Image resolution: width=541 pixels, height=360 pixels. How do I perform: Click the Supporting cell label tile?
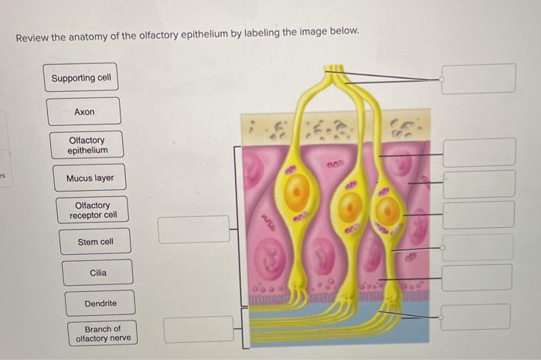81,78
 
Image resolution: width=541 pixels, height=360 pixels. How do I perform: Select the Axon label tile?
84,112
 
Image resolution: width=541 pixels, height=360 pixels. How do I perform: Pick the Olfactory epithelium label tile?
87,145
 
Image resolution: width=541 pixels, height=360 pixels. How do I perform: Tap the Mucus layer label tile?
90,178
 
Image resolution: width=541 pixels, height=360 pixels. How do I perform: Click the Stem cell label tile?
96,242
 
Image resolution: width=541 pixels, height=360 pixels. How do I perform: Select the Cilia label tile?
98,273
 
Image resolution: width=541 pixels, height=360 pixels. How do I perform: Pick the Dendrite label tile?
101,304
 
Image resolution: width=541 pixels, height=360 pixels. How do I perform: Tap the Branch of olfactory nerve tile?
103,334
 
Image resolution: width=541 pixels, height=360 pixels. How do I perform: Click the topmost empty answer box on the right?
478,79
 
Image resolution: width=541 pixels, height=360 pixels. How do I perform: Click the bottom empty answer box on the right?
476,317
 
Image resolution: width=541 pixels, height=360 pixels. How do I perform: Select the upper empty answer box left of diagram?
194,229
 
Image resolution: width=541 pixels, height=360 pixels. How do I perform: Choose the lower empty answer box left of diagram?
199,329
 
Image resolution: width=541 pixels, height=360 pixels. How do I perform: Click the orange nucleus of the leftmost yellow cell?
297,190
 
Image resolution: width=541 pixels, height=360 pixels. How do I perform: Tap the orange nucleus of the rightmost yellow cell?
388,212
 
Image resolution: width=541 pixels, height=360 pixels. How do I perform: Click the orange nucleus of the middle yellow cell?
351,206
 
